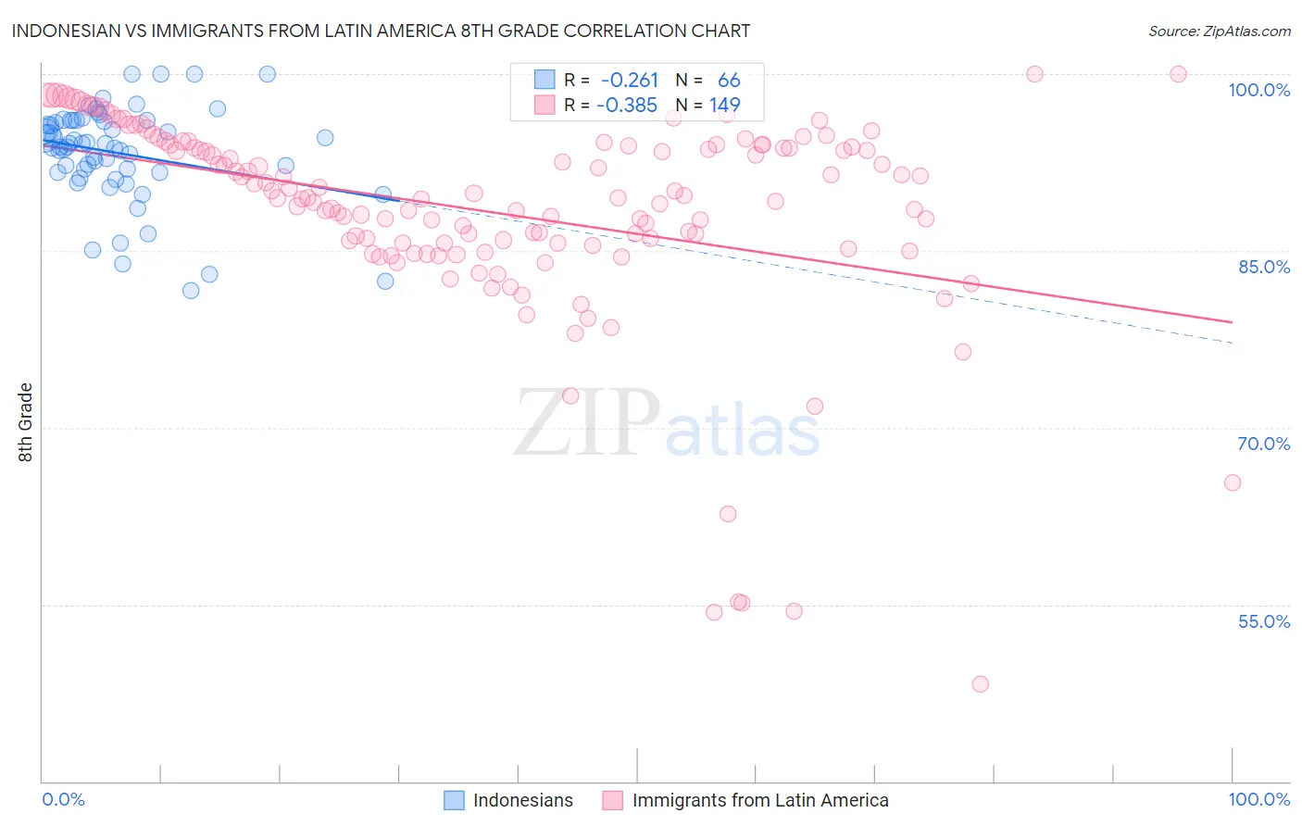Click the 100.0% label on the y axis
[1258, 90]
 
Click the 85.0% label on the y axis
[1263, 267]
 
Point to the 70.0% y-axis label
[1263, 444]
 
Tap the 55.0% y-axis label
[1263, 621]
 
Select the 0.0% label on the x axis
[63, 799]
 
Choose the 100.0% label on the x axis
[1258, 799]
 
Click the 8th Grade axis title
[26, 422]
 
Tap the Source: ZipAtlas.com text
[1219, 31]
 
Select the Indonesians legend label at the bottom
[522, 800]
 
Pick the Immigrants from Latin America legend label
[759, 800]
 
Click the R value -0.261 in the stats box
[630, 81]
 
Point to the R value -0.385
[627, 106]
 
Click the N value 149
[724, 106]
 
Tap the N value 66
[729, 81]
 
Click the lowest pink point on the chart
[980, 684]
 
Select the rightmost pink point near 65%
[1232, 482]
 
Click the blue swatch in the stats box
[545, 80]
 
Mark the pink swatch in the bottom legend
[612, 800]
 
